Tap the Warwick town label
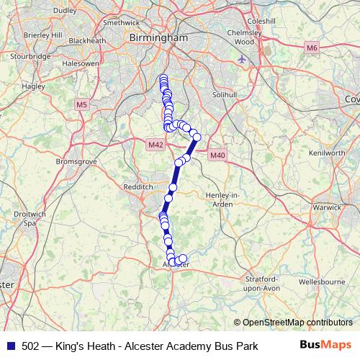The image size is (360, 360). pos(327,207)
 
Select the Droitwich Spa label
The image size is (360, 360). pos(30,219)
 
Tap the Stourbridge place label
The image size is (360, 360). pos(31,55)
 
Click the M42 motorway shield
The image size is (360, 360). pos(156,144)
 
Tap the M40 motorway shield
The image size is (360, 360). pos(218,155)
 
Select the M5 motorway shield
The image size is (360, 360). pos(81,104)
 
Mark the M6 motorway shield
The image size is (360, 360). pos(311,48)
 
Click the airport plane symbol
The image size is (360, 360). pos(241,58)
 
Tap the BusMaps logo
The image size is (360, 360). pos(325,346)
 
